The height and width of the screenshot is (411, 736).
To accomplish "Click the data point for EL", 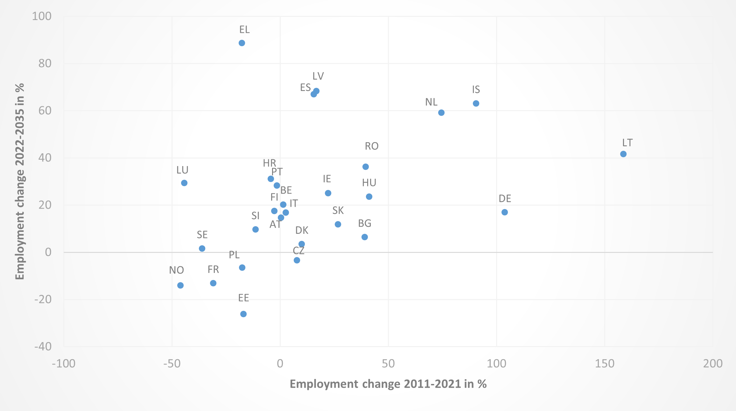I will (x=242, y=43).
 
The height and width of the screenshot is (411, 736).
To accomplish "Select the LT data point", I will (x=623, y=154).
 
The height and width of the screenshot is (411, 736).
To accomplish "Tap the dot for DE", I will (x=505, y=212).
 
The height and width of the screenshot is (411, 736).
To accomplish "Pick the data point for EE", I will (x=243, y=314).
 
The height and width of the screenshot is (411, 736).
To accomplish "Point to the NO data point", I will (x=180, y=285).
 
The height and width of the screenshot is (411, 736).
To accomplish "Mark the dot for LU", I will (x=184, y=183).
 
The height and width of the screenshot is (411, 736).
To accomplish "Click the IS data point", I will (x=476, y=103).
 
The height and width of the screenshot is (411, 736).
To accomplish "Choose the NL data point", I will (x=441, y=113).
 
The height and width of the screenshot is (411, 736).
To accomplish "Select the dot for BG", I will (x=365, y=237).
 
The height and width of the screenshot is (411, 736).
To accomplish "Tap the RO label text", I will (x=372, y=146).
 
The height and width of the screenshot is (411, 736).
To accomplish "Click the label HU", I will (x=369, y=183).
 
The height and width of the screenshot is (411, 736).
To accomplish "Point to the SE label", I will (x=202, y=235).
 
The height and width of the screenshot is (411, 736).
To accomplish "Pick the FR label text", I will (x=213, y=269).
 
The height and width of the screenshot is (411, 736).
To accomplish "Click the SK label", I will (x=338, y=211).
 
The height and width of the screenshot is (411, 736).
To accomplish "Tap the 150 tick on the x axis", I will (x=605, y=363).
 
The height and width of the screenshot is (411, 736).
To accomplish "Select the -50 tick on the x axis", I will (x=172, y=363).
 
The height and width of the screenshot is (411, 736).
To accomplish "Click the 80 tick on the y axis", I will (x=45, y=63).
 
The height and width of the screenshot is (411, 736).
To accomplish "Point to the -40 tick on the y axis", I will (x=43, y=346).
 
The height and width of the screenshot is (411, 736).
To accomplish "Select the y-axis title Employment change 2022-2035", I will (x=20, y=181).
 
